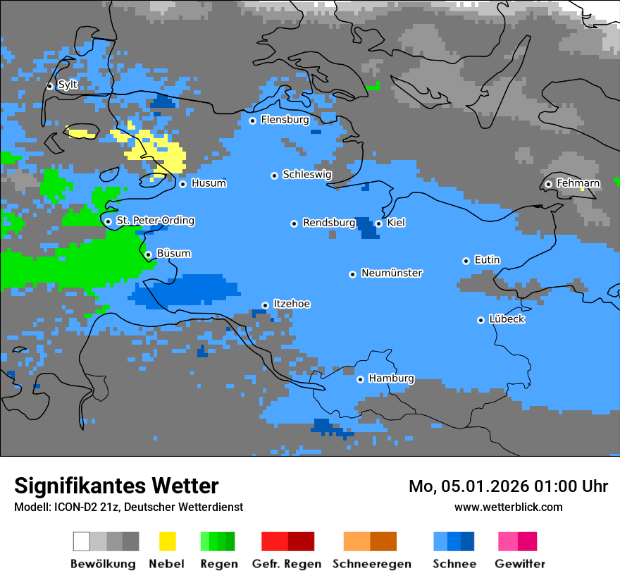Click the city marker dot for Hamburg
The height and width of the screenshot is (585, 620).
point(360,379)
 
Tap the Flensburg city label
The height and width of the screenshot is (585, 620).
point(285,120)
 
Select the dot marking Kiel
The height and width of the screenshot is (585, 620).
point(378,223)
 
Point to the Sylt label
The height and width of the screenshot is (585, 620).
point(68,85)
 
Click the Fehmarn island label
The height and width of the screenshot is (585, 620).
point(578,183)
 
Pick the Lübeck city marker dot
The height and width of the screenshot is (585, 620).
point(480,320)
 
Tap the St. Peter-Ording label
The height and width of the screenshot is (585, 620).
point(155,221)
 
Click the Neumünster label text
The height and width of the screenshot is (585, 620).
point(392,273)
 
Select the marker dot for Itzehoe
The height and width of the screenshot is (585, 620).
point(265,305)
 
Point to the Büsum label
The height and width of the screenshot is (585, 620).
point(173,253)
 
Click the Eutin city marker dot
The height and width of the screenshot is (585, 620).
point(466,261)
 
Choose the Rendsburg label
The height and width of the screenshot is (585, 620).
point(329,223)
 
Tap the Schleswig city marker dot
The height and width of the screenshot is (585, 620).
point(274,175)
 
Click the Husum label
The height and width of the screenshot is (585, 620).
point(209,183)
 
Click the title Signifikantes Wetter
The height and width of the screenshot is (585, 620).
point(116,486)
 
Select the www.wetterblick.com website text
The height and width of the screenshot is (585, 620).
point(508,507)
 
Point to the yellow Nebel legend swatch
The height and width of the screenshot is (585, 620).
point(168,541)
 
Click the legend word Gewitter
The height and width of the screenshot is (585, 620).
point(520,564)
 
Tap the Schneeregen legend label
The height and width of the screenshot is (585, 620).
point(372,564)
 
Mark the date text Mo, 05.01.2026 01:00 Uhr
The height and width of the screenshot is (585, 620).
point(508,486)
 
